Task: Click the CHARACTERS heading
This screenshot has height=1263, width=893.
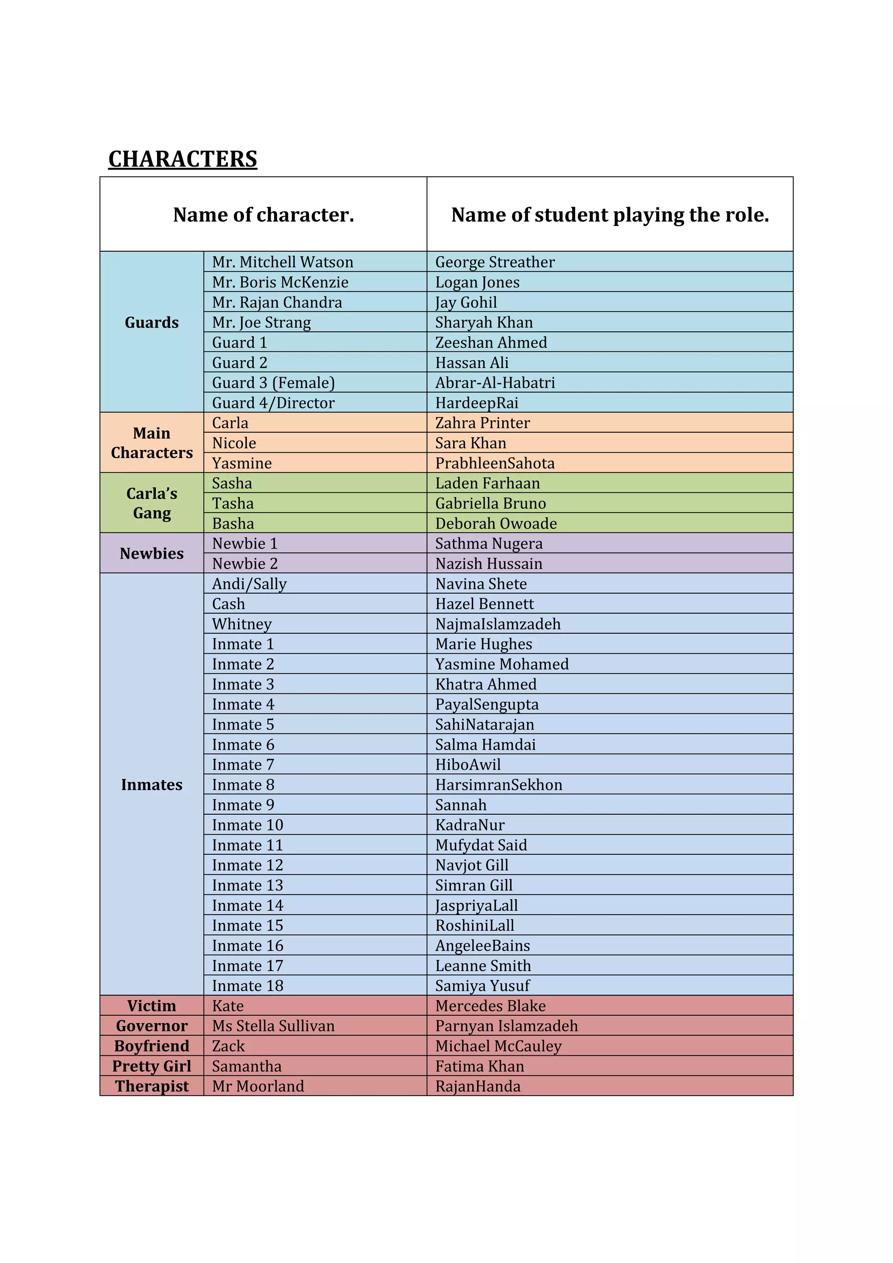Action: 183,159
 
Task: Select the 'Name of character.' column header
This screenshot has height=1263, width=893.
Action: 263,215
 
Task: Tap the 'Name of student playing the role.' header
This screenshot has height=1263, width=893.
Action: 610,215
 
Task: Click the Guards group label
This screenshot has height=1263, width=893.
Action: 152,322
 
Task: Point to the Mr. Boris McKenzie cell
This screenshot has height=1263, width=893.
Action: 280,282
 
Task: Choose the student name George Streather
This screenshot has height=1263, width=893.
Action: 495,262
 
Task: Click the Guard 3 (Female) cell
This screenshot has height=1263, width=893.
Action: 273,382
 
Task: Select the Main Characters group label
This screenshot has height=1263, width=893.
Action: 152,443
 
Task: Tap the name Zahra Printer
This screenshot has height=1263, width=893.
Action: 482,423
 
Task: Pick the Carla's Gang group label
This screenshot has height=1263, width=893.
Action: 152,503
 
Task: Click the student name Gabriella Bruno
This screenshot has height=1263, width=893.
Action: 491,503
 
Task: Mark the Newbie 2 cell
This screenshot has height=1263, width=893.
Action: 245,563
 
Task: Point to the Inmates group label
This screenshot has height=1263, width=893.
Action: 152,785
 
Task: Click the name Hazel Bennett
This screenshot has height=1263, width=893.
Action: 484,604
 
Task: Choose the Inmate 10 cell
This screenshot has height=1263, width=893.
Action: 247,825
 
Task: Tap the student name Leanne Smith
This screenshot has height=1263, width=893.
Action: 483,966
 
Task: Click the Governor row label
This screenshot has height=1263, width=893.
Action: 152,1026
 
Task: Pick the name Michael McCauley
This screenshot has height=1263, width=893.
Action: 498,1046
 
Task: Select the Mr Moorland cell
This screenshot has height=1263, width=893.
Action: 258,1086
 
